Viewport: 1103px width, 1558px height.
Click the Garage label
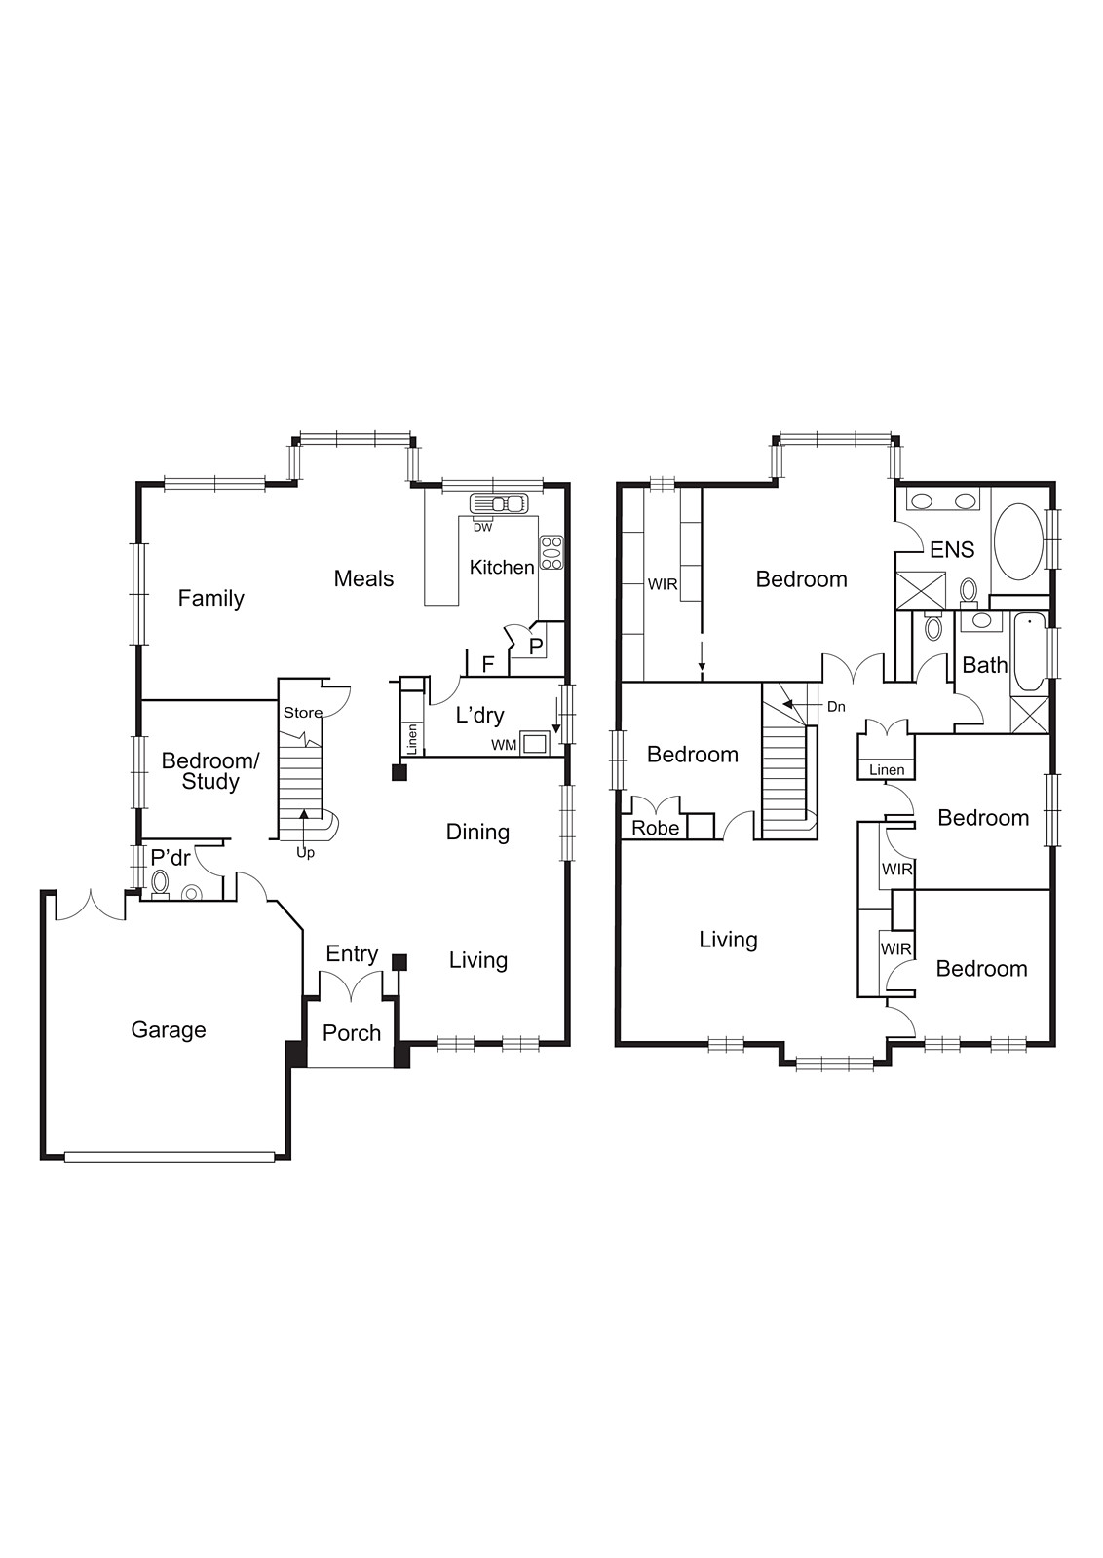tap(169, 1030)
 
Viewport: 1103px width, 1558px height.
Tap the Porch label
tap(352, 1033)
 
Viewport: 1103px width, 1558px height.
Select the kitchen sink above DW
tap(497, 504)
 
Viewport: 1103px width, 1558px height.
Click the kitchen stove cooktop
tap(551, 552)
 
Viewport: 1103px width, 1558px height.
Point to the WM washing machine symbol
tap(535, 743)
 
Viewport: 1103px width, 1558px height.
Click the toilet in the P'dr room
tap(161, 882)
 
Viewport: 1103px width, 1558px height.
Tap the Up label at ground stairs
tap(306, 853)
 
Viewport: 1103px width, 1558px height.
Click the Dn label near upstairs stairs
tap(836, 707)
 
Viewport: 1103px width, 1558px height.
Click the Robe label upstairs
tap(656, 828)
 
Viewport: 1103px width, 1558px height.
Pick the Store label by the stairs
tap(302, 713)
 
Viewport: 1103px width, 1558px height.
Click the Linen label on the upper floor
tap(887, 769)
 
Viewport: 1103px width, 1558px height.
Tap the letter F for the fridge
tap(489, 664)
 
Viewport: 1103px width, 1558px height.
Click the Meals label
tap(363, 578)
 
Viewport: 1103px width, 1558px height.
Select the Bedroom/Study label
tap(210, 771)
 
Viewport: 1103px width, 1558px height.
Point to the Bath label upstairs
tap(985, 665)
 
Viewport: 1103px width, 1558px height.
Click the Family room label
tap(210, 598)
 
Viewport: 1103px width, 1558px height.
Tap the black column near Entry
tap(399, 962)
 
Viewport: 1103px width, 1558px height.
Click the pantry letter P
tap(536, 646)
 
